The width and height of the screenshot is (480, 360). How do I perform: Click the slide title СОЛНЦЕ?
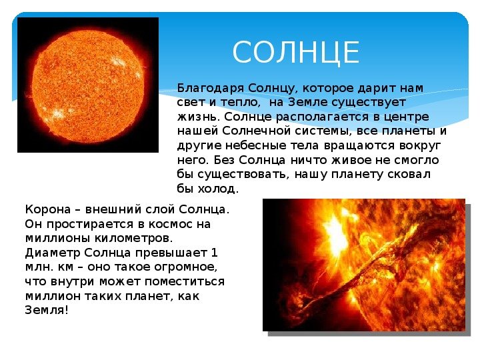point(296,53)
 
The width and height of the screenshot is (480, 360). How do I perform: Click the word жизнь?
point(198,117)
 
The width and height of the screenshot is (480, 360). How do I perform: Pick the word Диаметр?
point(53,253)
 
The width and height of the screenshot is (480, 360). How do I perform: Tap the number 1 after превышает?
point(214,253)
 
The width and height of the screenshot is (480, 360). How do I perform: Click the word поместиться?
point(185,281)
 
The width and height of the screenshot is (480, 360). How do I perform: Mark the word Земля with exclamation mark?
point(47,311)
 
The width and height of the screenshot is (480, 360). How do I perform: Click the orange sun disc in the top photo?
point(88,86)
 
